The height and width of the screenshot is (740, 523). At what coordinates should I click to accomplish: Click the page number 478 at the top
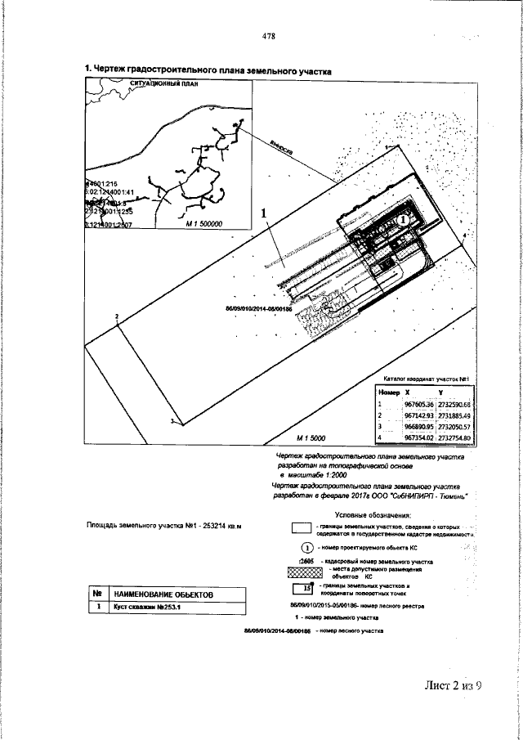click(x=267, y=36)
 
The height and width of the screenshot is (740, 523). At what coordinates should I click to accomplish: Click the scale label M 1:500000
click(x=204, y=222)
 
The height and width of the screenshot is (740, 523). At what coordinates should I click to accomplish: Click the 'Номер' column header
click(x=388, y=393)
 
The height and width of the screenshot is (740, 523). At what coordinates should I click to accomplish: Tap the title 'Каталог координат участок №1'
click(x=423, y=379)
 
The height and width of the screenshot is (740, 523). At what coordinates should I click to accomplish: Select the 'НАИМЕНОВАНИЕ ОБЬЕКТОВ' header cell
click(x=163, y=594)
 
